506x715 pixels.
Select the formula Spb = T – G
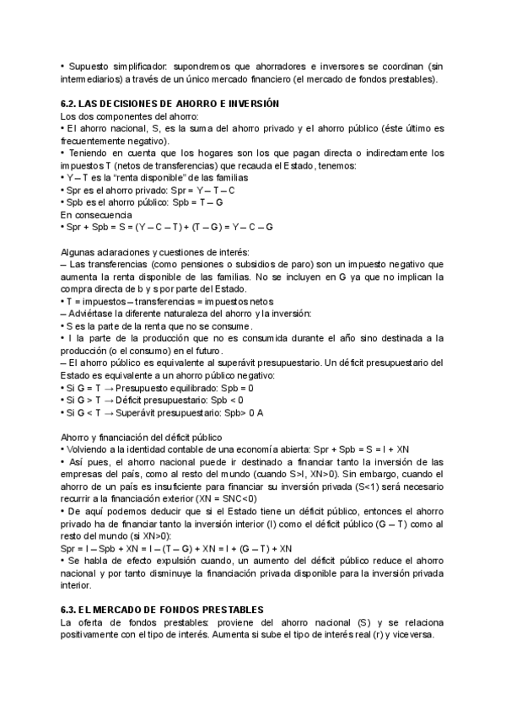[x=197, y=202]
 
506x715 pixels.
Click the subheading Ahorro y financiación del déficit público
[x=140, y=436]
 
